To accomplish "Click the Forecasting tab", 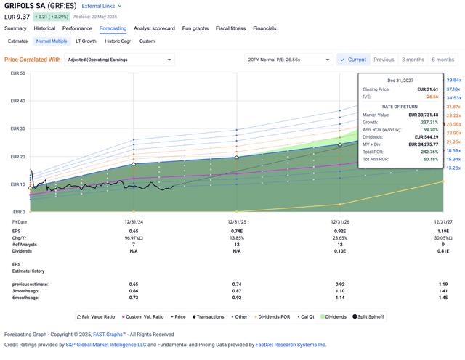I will click(x=113, y=28).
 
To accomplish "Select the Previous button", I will click(x=384, y=60).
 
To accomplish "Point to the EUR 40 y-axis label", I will click(x=17, y=101).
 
